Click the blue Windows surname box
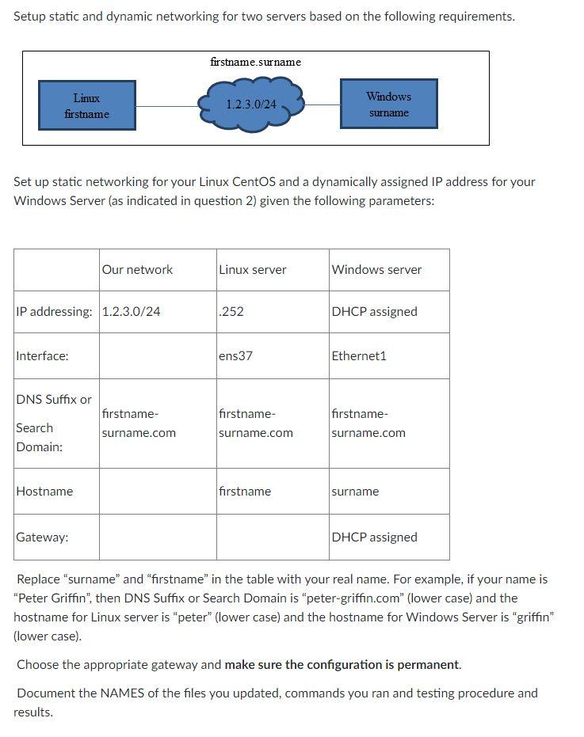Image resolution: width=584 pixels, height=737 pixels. [388, 104]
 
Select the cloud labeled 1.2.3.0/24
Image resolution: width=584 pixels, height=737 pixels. [251, 104]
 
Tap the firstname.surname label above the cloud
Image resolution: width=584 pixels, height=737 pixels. [255, 62]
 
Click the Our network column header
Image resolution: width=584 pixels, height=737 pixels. [137, 270]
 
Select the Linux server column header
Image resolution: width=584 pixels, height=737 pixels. [253, 270]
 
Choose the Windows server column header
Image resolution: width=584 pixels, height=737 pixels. [376, 270]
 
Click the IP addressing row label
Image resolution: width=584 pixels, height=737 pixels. [54, 312]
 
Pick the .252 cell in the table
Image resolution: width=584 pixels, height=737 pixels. [231, 312]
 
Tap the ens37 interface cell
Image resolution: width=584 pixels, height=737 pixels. [235, 356]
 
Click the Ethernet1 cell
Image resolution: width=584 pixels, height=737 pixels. [359, 356]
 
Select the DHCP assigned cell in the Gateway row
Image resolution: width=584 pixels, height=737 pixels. [374, 538]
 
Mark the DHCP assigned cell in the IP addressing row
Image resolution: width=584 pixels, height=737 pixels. [374, 312]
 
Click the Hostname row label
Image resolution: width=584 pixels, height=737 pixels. [44, 492]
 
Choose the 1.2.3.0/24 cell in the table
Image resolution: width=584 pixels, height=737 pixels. [132, 312]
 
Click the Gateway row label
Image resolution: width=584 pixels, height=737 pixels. [42, 538]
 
